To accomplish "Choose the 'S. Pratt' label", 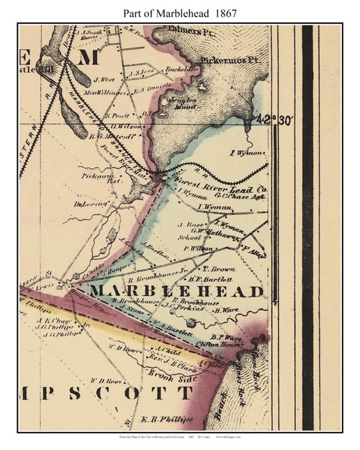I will (x=116, y=114).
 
